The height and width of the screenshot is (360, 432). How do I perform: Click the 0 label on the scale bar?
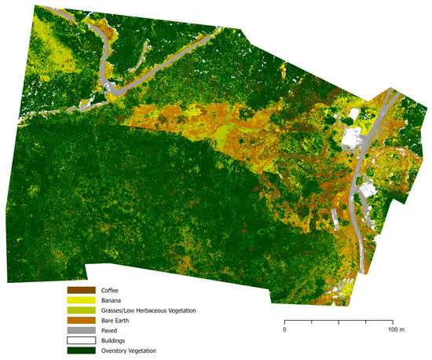284,330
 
